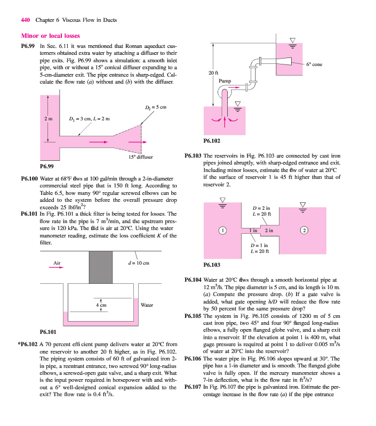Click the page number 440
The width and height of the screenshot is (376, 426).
click(x=25, y=20)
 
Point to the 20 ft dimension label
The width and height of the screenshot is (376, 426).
click(x=212, y=72)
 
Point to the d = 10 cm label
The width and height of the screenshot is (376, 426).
click(x=139, y=263)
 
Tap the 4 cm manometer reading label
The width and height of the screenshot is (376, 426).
click(x=101, y=305)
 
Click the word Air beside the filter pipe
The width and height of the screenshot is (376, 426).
click(x=58, y=263)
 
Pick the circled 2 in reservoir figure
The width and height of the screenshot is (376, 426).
click(x=305, y=230)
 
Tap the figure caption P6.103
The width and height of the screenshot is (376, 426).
click(x=212, y=264)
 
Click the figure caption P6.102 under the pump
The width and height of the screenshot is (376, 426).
click(x=212, y=142)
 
